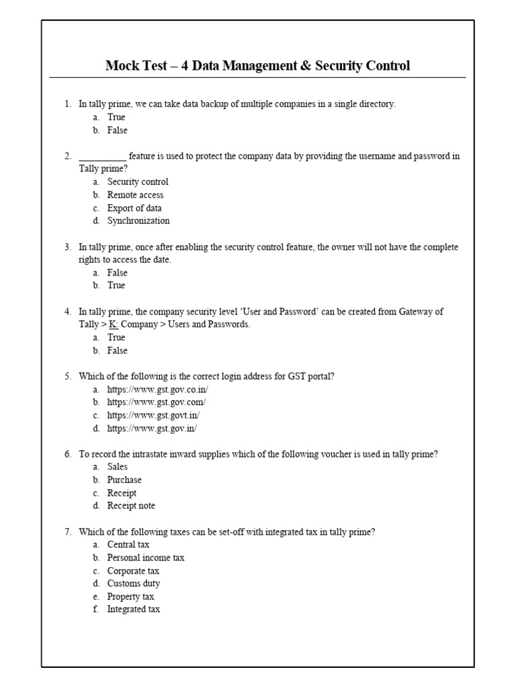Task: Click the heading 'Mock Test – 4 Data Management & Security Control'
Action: (257, 66)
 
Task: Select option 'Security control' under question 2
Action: (138, 182)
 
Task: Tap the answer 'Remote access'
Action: (135, 195)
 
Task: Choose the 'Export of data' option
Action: (134, 208)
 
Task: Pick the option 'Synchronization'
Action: (138, 221)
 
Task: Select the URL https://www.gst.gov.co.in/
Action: (158, 390)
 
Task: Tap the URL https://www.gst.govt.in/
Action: (153, 415)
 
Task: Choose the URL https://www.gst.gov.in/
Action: (152, 428)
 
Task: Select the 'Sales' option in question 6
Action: (118, 467)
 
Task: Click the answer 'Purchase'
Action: (124, 480)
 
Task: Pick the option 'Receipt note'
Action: (131, 506)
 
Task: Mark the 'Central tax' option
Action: (128, 545)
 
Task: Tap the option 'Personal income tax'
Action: (146, 558)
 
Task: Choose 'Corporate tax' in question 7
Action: (134, 571)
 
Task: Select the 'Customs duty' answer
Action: (134, 584)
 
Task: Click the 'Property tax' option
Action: (130, 597)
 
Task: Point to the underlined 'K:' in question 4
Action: (114, 325)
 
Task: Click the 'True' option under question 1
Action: (116, 118)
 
